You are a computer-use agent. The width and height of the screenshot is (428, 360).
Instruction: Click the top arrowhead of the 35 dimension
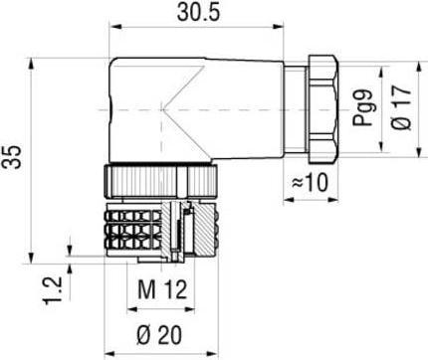click(x=36, y=58)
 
